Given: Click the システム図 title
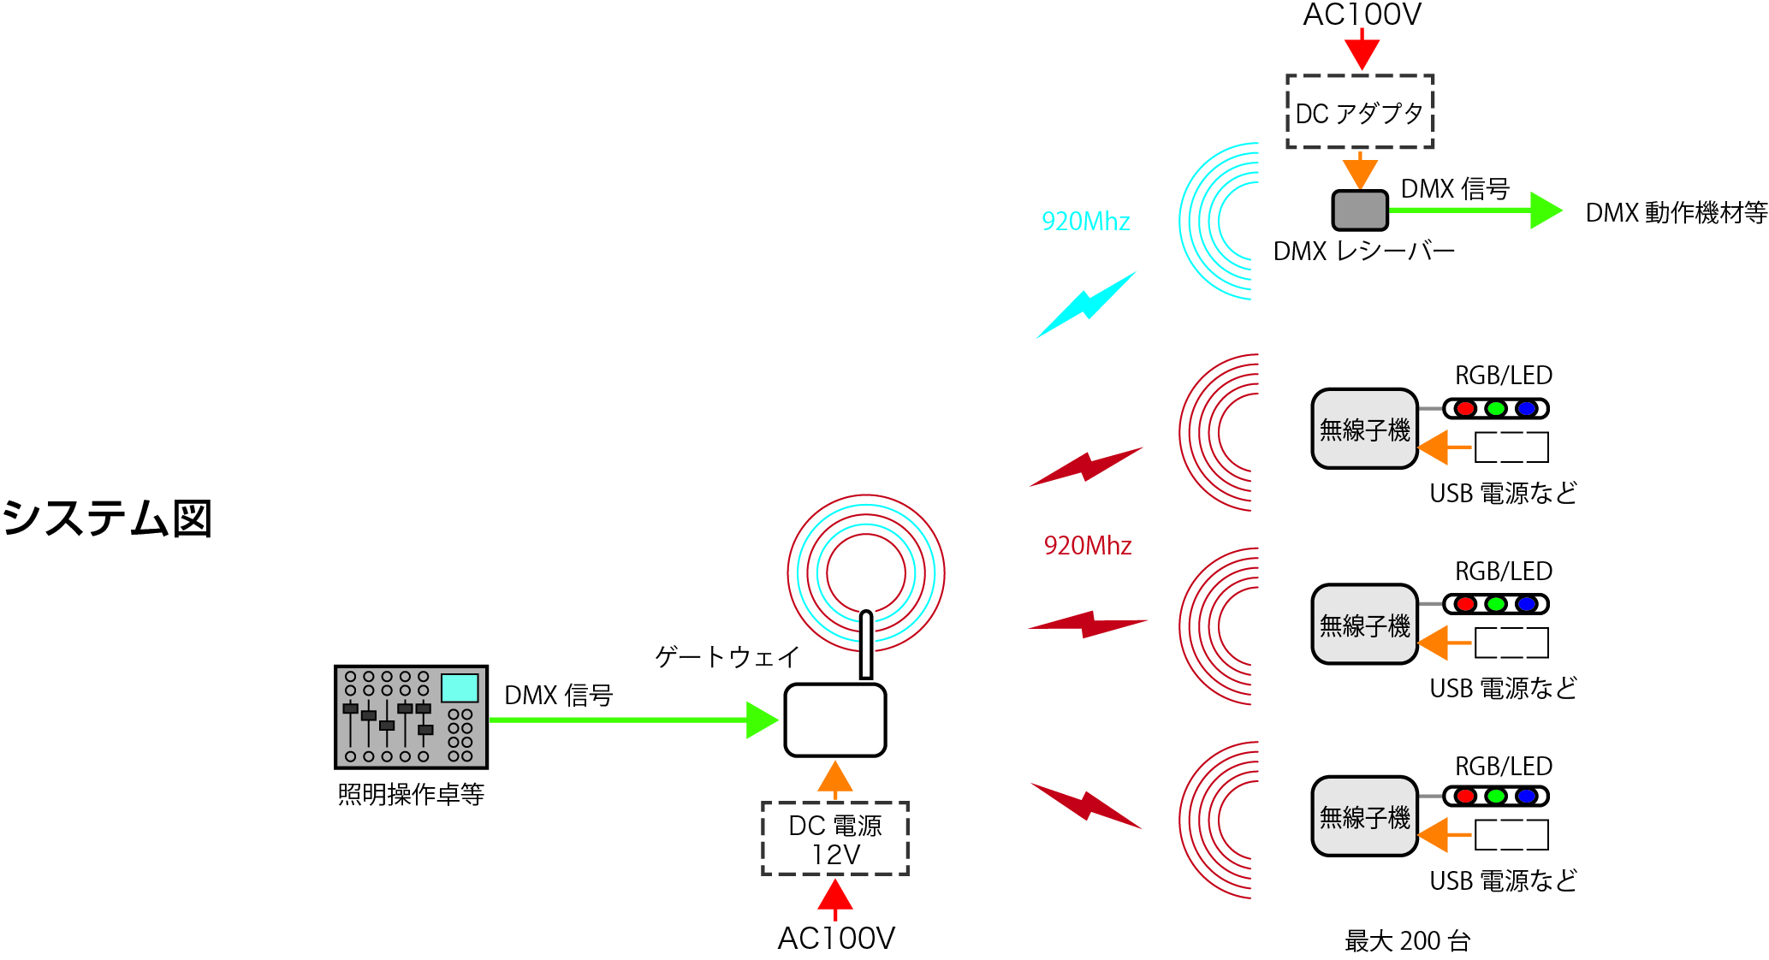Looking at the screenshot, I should click(107, 519).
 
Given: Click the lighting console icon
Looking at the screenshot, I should click(411, 717).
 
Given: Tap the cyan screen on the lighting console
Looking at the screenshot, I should click(460, 688).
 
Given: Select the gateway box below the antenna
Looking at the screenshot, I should click(834, 720).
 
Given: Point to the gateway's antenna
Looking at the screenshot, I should click(866, 644).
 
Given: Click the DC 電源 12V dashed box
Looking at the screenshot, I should click(834, 839).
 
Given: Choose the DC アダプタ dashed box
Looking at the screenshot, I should click(1359, 112).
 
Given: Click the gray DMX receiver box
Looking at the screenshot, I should click(1359, 210).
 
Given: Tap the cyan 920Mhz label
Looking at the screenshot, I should click(1085, 222).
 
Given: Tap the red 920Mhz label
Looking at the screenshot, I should click(1087, 546).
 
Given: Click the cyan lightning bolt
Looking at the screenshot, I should click(1087, 305).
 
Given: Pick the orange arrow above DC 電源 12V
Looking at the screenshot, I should click(834, 779).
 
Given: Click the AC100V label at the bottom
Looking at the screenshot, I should click(835, 939).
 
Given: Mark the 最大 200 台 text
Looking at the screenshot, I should click(1407, 941).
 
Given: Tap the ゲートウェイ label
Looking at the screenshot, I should click(727, 656).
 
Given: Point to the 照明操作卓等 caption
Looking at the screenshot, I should click(411, 795).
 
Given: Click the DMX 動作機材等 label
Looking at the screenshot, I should click(1676, 212).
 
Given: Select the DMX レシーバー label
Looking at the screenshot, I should click(1363, 252).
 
